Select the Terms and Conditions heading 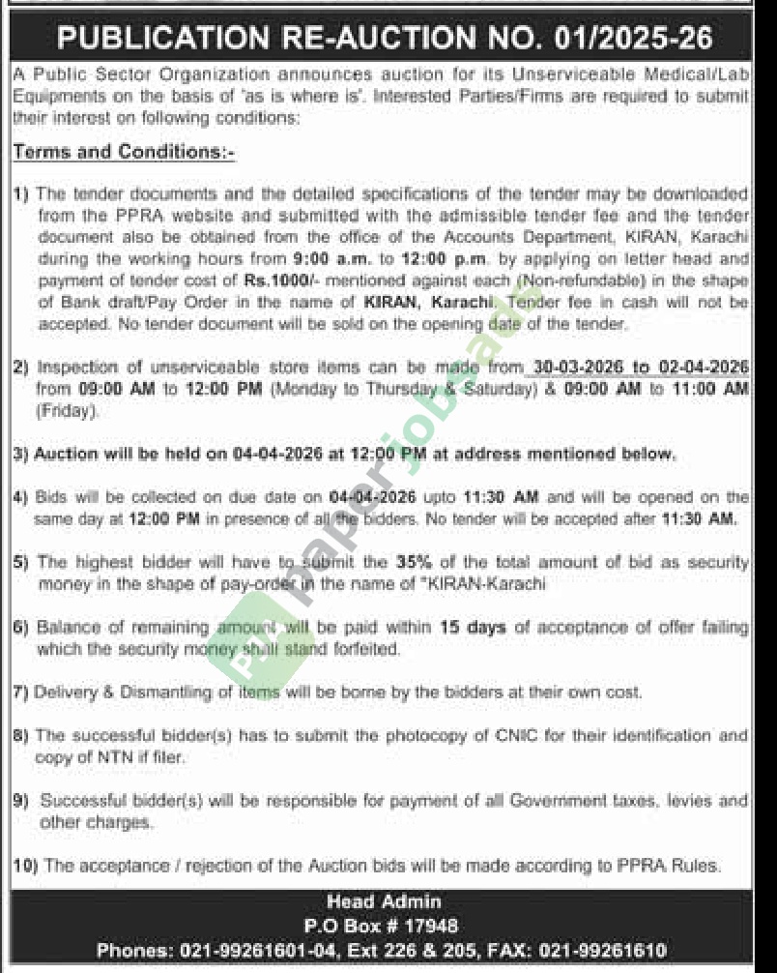click(x=124, y=153)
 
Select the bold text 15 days click(x=473, y=628)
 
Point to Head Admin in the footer click(x=384, y=901)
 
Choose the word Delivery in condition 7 click(x=68, y=693)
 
